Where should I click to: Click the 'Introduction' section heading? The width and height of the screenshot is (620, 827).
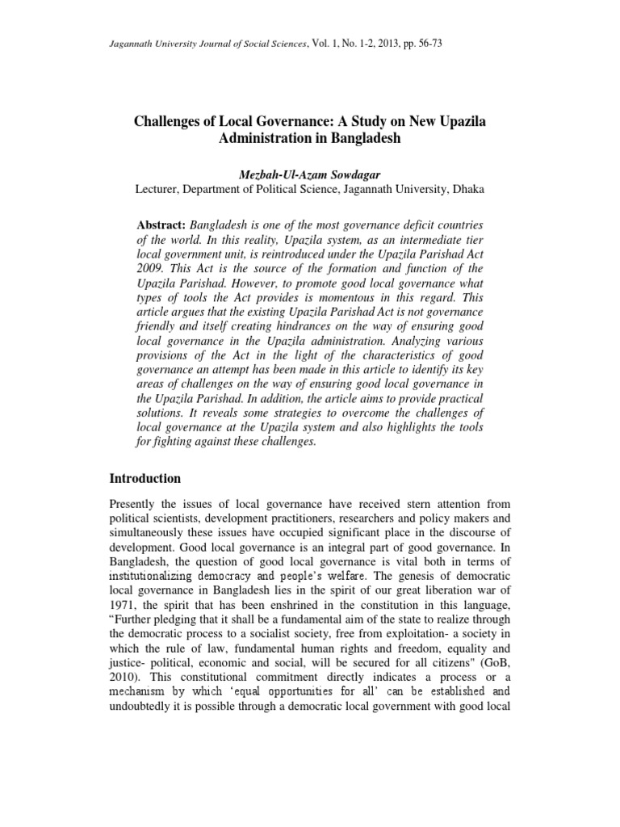145,478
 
